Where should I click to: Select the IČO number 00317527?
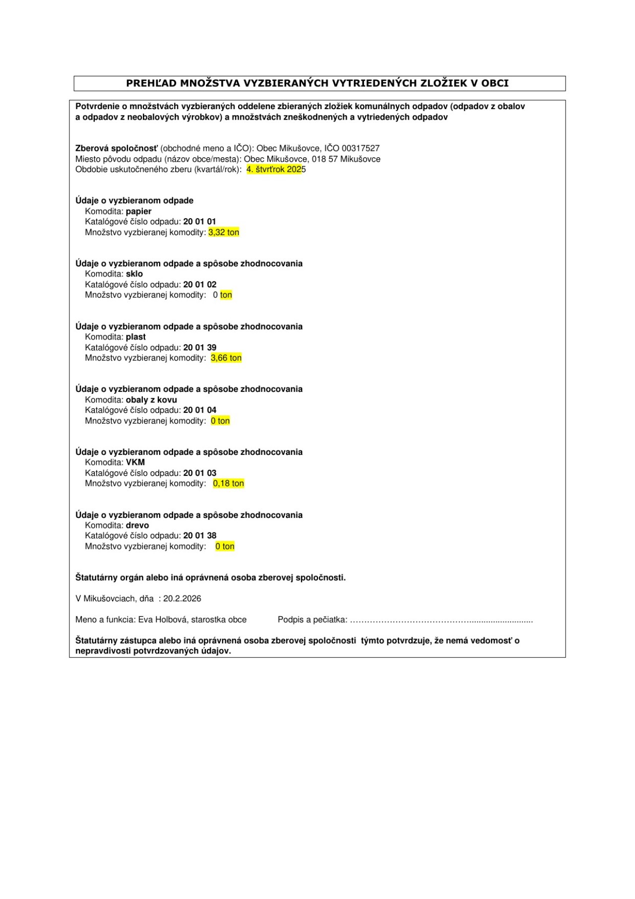[x=361, y=148]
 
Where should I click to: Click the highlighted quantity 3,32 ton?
[x=224, y=233]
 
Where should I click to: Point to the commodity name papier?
[x=138, y=211]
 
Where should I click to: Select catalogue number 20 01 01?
[x=199, y=222]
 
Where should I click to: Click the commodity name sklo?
[x=134, y=274]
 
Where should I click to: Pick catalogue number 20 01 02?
[x=199, y=285]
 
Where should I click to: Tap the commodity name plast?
[x=135, y=337]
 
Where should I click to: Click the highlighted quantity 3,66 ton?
[x=226, y=358]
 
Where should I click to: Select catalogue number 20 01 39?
[x=199, y=348]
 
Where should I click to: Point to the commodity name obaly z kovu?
[x=151, y=400]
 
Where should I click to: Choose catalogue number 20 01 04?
[x=199, y=410]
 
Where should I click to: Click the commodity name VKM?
[x=135, y=462]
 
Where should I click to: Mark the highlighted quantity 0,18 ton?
[x=228, y=484]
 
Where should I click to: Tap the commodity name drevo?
[x=137, y=525]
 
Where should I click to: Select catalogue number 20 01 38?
[x=199, y=536]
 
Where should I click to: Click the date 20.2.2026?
[x=182, y=599]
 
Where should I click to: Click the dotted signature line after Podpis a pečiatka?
[x=441, y=621]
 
